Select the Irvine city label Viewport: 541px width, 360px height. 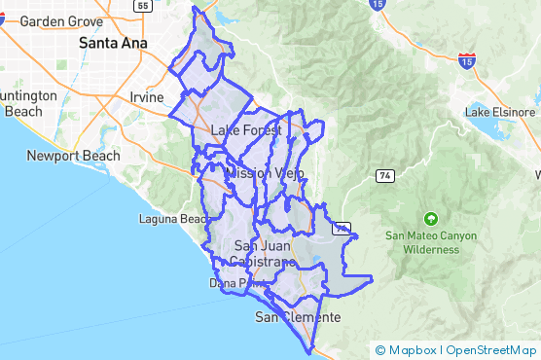pos(147,96)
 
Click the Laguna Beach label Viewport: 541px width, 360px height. pos(173,219)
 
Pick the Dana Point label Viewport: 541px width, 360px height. pos(230,283)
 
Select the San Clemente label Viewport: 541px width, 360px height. pos(298,318)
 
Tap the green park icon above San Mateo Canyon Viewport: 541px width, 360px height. pos(431,217)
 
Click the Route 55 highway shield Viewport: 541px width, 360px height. pos(144,6)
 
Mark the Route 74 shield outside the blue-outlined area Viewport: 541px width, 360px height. pos(385,174)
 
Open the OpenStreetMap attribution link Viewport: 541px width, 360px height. pos(491,350)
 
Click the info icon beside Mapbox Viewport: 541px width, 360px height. pos(380,350)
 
